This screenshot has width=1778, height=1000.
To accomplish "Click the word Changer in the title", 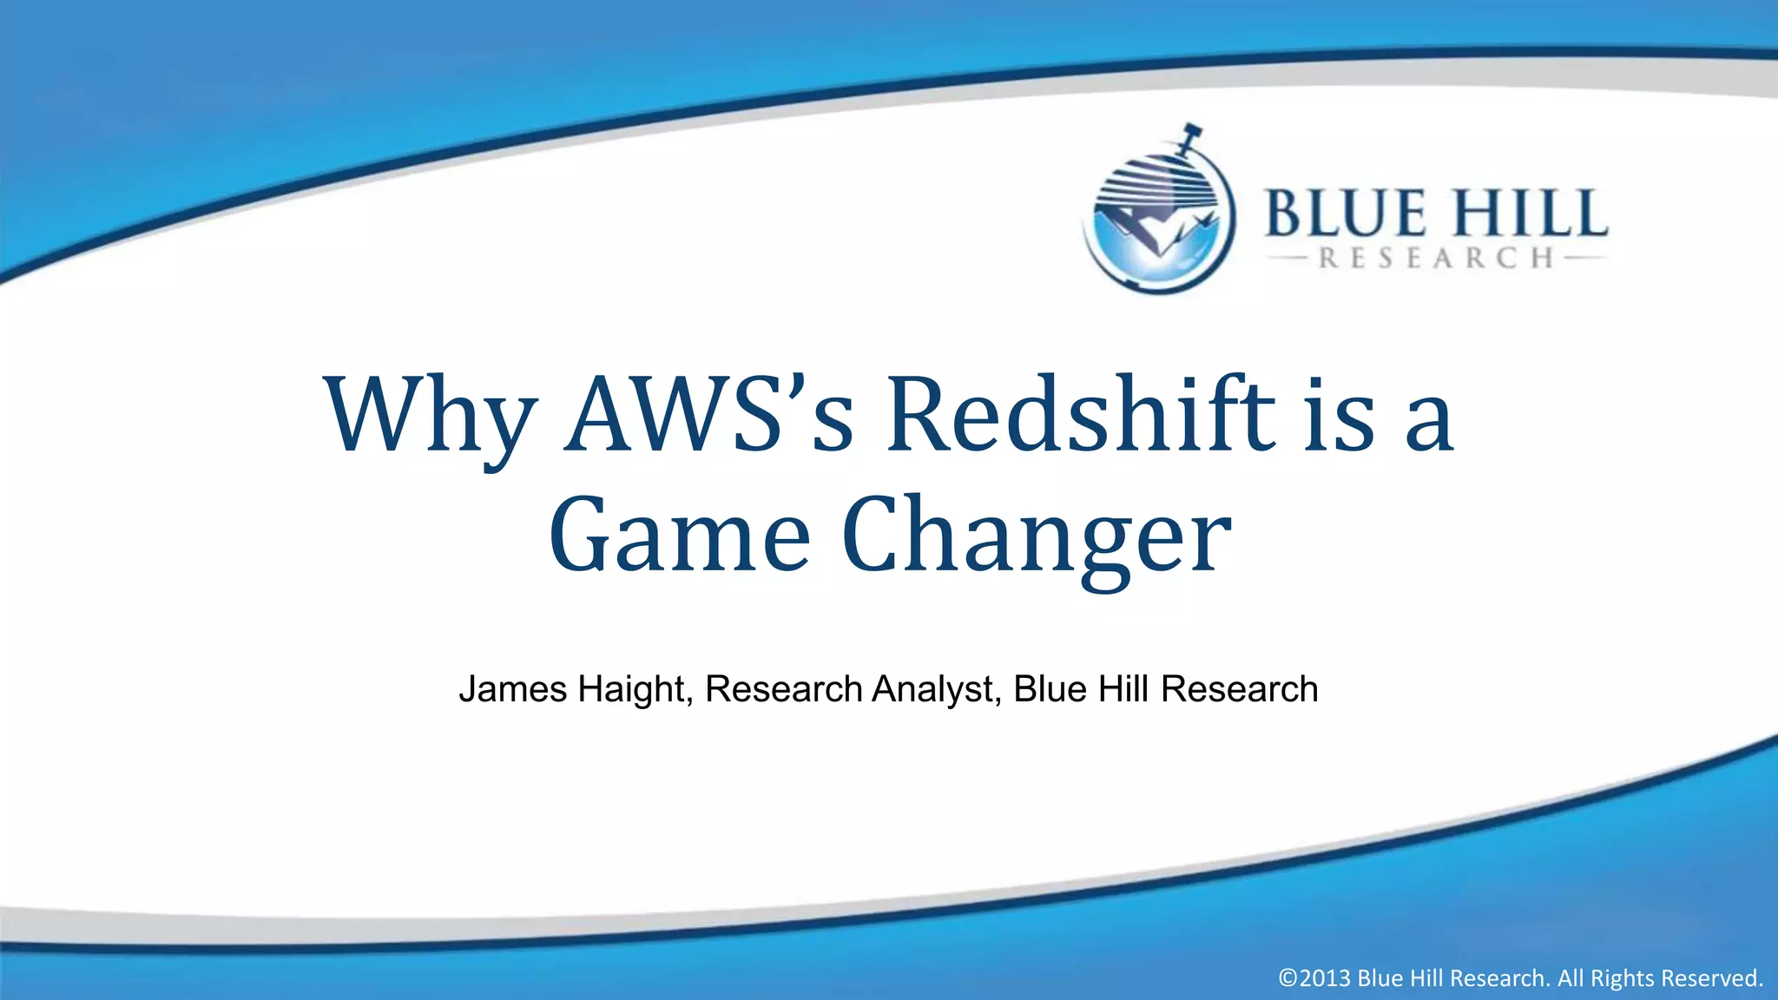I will click(1037, 538).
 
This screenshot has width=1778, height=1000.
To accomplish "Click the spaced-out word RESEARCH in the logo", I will click(1436, 259).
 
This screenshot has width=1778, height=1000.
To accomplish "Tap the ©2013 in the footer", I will click(1314, 978).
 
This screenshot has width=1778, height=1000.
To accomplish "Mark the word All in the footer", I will click(1571, 978).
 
